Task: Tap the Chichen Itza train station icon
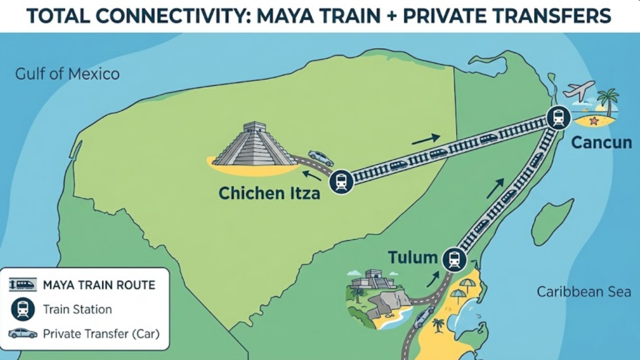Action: [341, 181]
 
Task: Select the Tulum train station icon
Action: [454, 259]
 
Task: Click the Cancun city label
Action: [602, 143]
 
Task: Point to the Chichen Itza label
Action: [269, 193]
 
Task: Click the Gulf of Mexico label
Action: [67, 74]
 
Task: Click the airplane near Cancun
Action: [578, 91]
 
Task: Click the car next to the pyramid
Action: [321, 158]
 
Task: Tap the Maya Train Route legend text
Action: [99, 286]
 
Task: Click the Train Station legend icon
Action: [22, 309]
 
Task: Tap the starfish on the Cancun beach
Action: [594, 120]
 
